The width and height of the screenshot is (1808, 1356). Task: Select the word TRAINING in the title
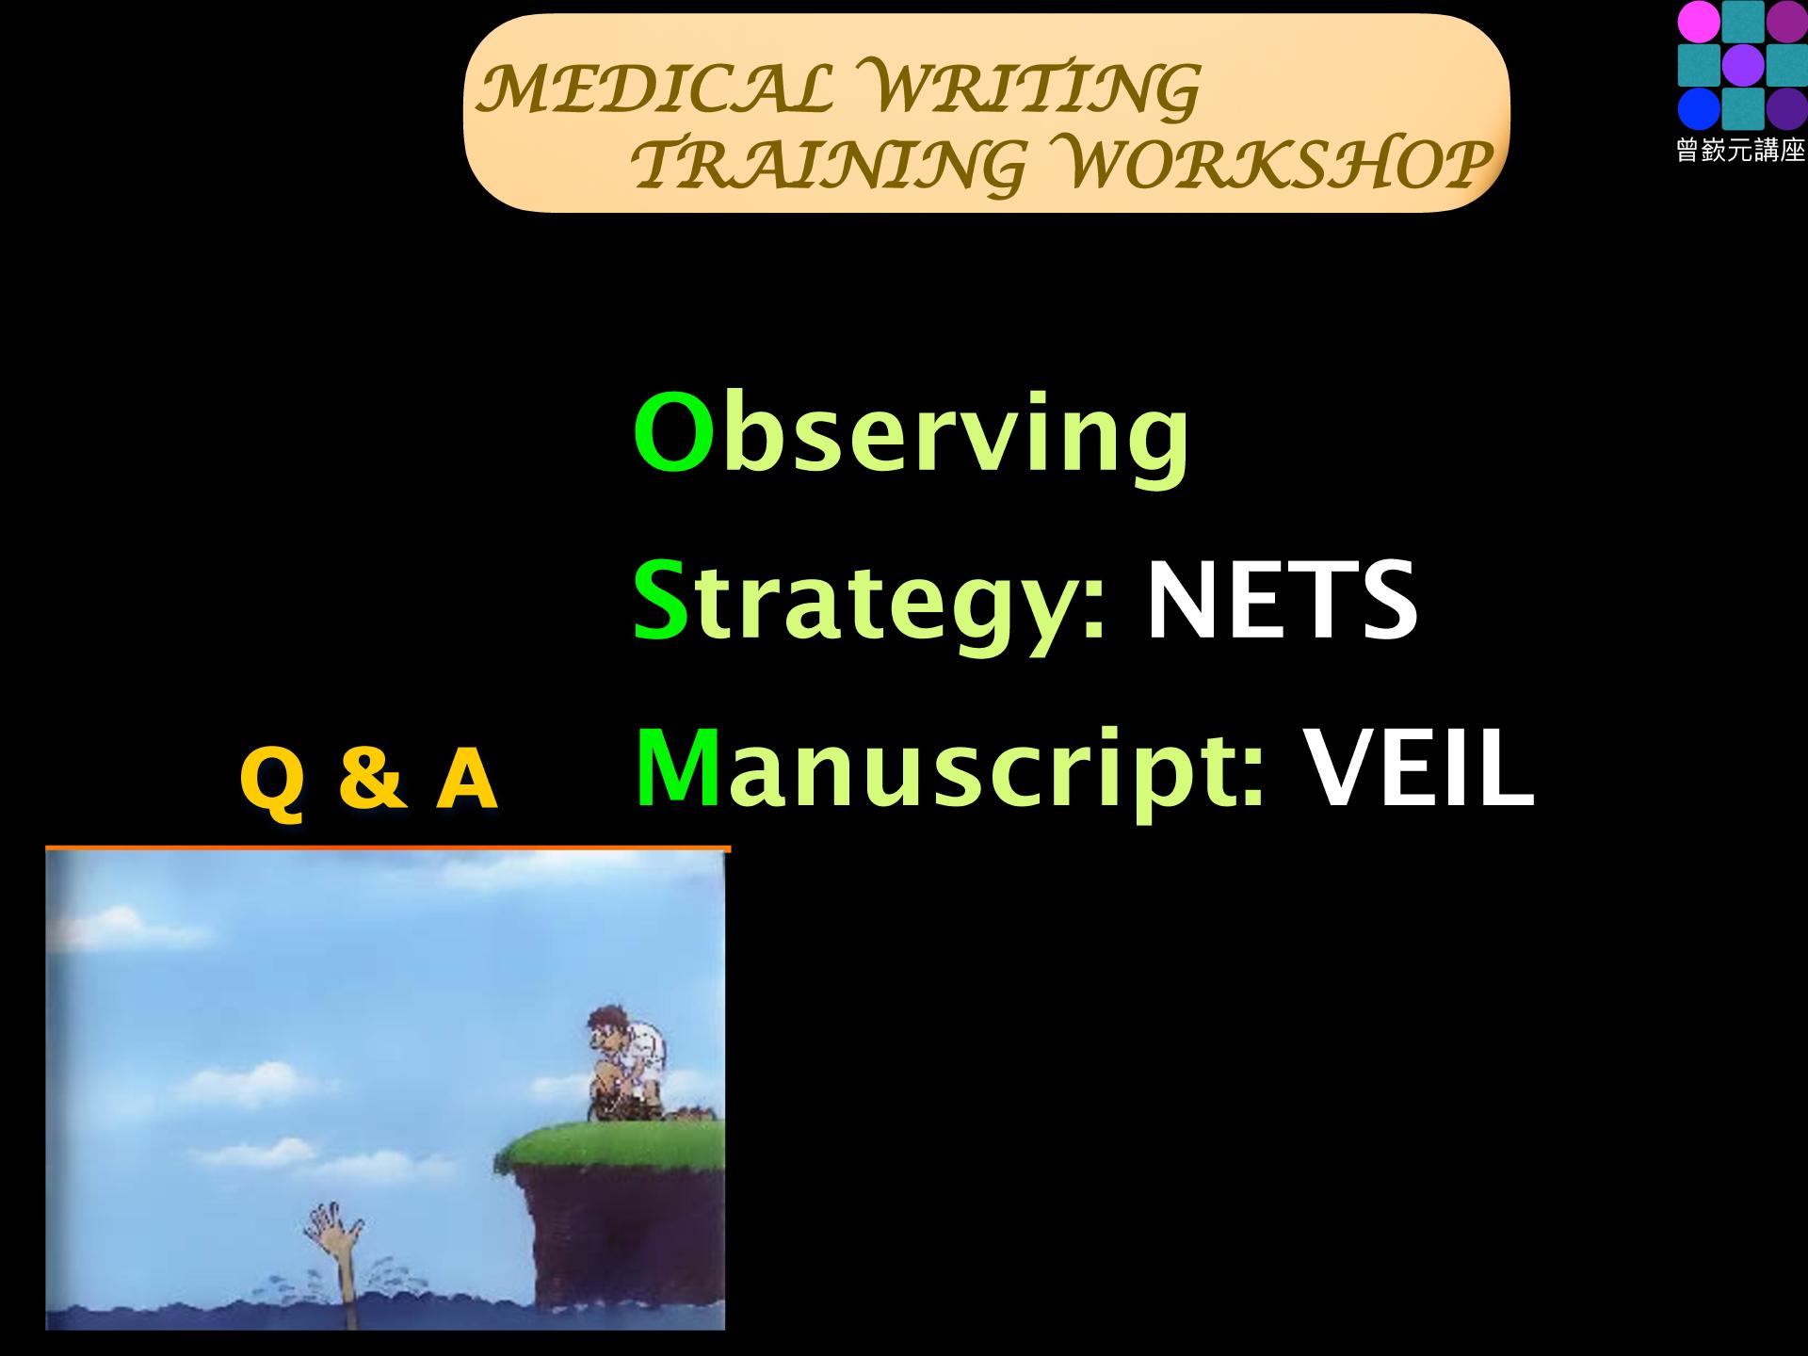[828, 164]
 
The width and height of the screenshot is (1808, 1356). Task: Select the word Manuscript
[951, 770]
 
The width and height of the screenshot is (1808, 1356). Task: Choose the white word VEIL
[1418, 767]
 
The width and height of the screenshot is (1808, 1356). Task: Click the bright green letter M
[678, 767]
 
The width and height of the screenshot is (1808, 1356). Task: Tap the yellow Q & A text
[368, 780]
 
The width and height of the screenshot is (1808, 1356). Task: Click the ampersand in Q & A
[369, 779]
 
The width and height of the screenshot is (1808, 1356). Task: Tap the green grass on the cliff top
[612, 1145]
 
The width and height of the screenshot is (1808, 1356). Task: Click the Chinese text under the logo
[1741, 152]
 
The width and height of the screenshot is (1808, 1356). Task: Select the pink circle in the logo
[1698, 22]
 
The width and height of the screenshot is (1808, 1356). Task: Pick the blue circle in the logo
[1698, 109]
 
